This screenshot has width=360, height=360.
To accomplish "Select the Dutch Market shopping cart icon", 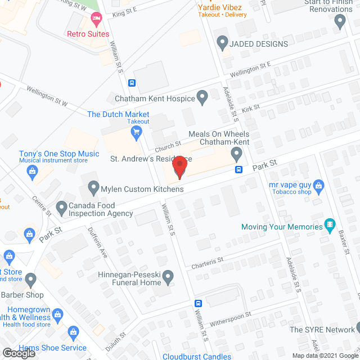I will pyautogui.click(x=136, y=133).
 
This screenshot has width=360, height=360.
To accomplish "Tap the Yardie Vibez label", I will pyautogui.click(x=220, y=7).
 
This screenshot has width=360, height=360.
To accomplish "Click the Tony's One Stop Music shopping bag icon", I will pyautogui.click(x=32, y=170).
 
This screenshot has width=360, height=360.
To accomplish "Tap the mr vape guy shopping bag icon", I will pyautogui.click(x=319, y=184).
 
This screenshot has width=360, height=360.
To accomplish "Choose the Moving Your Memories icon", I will pyautogui.click(x=330, y=227).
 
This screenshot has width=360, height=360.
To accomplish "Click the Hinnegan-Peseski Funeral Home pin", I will pyautogui.click(x=166, y=276).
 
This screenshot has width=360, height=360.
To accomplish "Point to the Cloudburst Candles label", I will pyautogui.click(x=197, y=356).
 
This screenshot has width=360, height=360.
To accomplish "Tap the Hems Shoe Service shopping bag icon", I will pyautogui.click(x=71, y=332).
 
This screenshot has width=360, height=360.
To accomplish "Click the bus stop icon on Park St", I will pyautogui.click(x=238, y=169).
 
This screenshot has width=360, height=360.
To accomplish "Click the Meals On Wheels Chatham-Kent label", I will pyautogui.click(x=219, y=138).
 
